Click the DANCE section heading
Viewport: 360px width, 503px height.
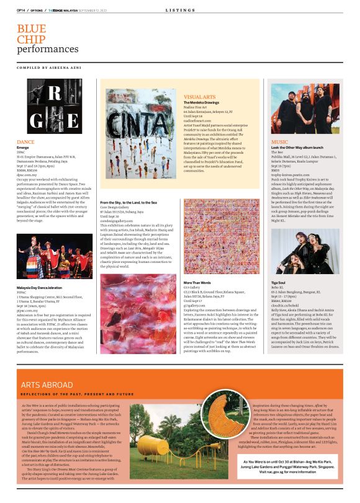(26, 142)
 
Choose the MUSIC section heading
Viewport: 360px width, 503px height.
(280, 142)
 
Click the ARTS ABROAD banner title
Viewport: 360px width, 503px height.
(48, 368)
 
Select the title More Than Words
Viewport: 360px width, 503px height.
(198, 284)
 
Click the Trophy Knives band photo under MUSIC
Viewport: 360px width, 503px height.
(296, 110)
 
